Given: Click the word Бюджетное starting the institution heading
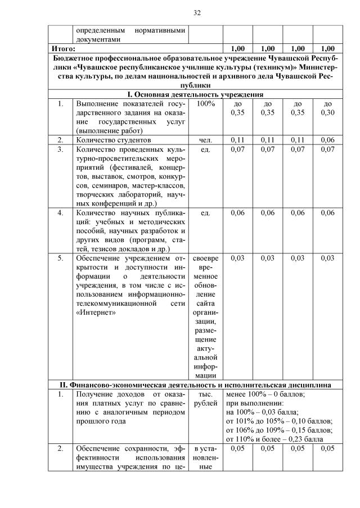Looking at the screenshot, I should point(74,58).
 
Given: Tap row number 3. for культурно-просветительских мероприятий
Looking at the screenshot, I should point(60,149).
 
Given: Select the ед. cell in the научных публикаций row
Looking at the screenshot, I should point(206,213).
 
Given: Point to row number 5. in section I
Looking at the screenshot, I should point(60,258).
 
